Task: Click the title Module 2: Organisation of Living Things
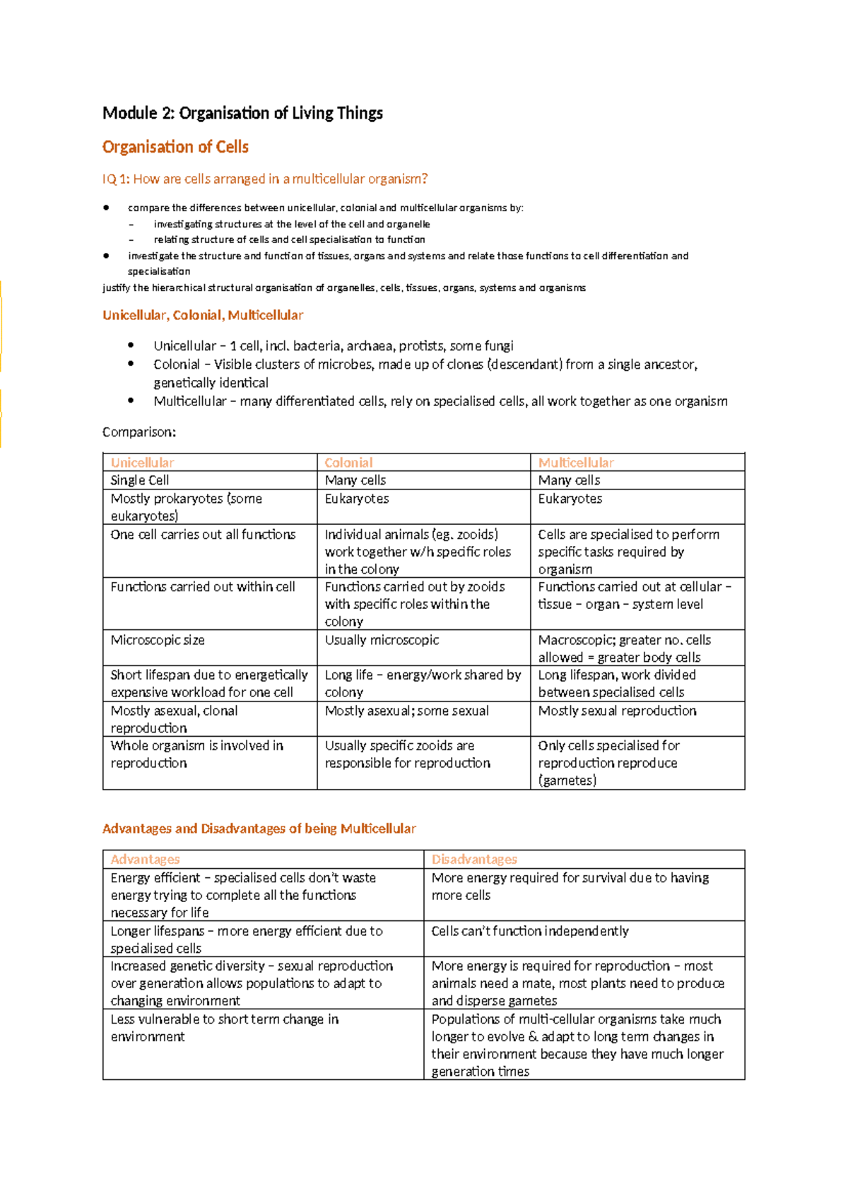pyautogui.click(x=242, y=113)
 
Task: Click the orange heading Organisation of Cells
pyautogui.click(x=175, y=147)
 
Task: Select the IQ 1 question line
pyautogui.click(x=265, y=179)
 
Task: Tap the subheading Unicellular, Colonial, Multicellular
pyautogui.click(x=203, y=315)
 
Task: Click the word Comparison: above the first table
pyautogui.click(x=139, y=432)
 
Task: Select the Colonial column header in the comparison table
pyautogui.click(x=348, y=463)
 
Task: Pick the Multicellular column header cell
pyautogui.click(x=576, y=463)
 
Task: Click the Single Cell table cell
pyautogui.click(x=140, y=480)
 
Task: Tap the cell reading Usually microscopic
pyautogui.click(x=382, y=640)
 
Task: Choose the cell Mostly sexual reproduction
pyautogui.click(x=617, y=711)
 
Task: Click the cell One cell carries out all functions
pyautogui.click(x=203, y=535)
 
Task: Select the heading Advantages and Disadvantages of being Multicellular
pyautogui.click(x=259, y=829)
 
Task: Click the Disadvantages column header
pyautogui.click(x=474, y=860)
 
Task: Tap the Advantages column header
pyautogui.click(x=145, y=860)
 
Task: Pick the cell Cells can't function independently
pyautogui.click(x=530, y=931)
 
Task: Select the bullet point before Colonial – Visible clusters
pyautogui.click(x=131, y=364)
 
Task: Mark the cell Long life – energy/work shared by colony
pyautogui.click(x=423, y=683)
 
